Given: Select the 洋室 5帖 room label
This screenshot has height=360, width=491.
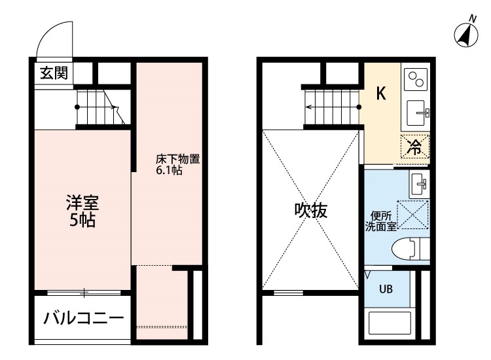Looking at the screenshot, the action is pos(82,211).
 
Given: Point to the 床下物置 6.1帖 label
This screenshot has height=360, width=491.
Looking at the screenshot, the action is pos(177,164).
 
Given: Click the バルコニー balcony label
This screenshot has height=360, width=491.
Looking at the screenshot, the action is pos(84,318).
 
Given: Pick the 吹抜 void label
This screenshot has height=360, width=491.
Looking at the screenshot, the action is pos(311,210).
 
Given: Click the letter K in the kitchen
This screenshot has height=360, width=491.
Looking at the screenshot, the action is pos(381,93).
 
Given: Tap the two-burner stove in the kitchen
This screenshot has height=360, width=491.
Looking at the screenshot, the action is pos(416,79).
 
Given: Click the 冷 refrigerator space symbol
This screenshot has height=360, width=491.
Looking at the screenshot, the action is pos(415,147).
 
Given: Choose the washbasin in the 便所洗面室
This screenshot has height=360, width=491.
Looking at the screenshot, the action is pos(419,184).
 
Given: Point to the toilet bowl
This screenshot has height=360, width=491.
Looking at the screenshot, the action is pos(410,249).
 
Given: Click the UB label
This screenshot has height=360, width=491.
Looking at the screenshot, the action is pos(386,289).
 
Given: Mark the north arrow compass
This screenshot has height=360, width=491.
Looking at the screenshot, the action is pos(466,35).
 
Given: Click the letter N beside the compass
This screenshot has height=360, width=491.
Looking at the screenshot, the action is pos(473,19).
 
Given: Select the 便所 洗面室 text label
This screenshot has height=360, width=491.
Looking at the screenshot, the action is pos(381,221).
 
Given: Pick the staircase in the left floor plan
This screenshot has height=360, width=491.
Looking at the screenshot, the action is pos(101,107).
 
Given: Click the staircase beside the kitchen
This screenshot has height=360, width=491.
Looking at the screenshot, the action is pos(333,107).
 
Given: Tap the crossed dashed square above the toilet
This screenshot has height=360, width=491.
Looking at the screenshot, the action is pos(412,215).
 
